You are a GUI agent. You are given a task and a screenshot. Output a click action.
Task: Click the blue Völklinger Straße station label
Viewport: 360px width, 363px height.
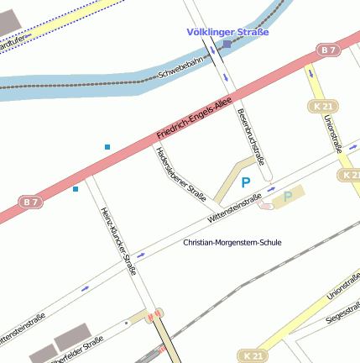pos(228,32)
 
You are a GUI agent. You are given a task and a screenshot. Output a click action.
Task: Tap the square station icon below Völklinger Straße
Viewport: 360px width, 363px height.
pos(227,44)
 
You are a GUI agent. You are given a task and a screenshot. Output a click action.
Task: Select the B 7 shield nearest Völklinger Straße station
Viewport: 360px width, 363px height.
pos(329,51)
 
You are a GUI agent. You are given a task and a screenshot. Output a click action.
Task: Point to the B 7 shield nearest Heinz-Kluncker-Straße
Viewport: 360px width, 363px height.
pos(31,202)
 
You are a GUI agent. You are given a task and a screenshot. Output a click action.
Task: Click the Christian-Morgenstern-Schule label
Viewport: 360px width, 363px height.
pos(232,242)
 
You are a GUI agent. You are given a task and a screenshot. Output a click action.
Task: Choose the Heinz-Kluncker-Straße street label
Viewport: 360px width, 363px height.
pos(118,241)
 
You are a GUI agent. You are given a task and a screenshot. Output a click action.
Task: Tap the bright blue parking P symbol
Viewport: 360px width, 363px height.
pos(246,181)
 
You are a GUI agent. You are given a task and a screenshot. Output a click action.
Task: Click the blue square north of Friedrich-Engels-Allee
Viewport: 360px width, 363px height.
pos(107,148)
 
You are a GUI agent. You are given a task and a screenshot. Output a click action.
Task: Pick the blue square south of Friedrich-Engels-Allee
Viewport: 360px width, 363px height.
pos(76,188)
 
